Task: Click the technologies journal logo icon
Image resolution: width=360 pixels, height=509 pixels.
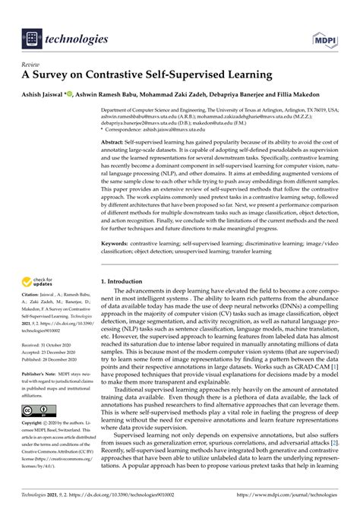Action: [32, 38]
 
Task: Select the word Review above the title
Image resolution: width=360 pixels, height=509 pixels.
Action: [33, 65]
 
